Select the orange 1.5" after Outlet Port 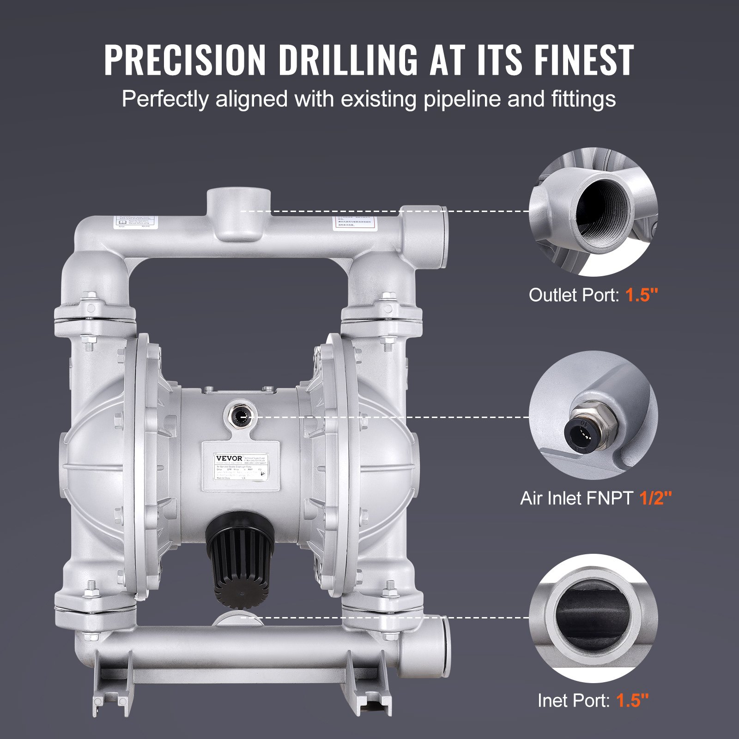point(642,295)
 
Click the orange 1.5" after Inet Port point(633,701)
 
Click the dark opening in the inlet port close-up point(593,618)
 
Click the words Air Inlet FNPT point(576,498)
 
